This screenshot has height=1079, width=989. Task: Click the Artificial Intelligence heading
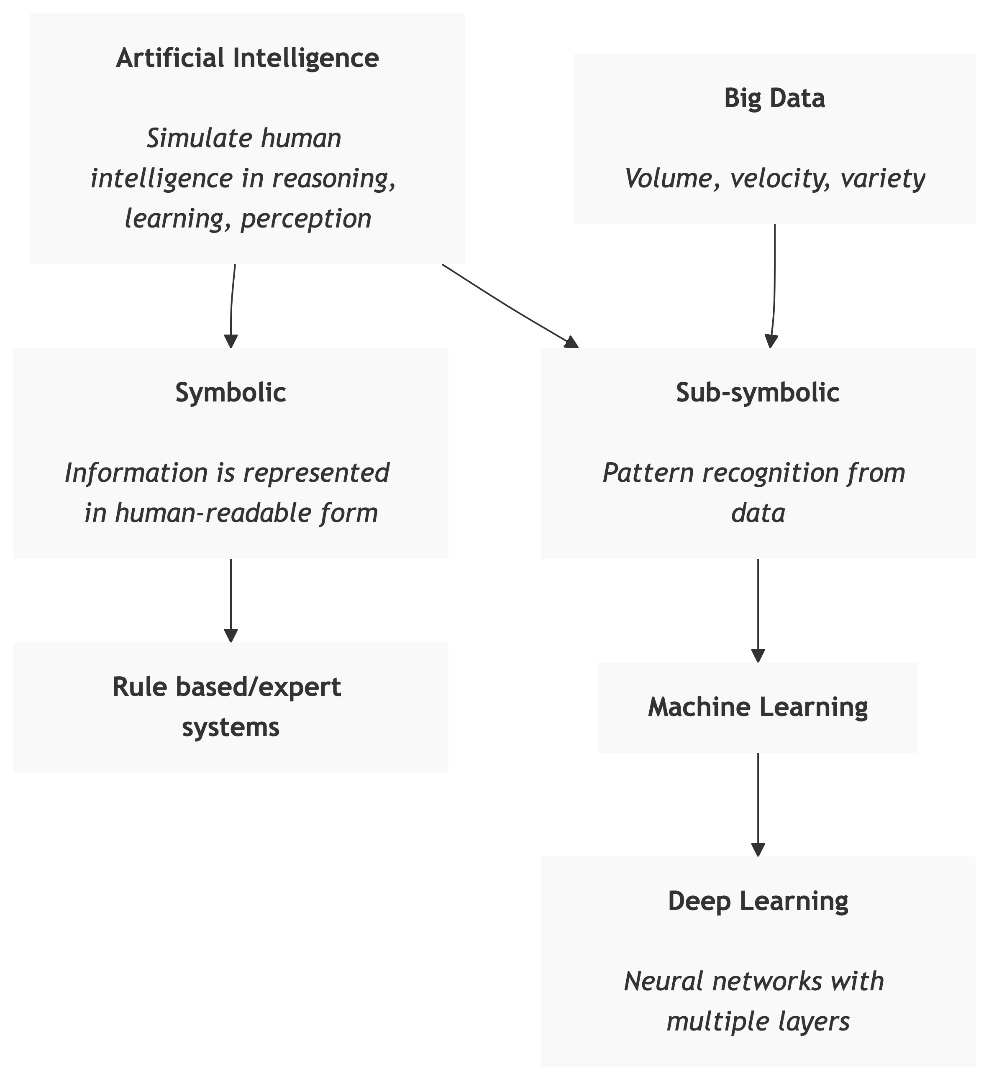coord(247,58)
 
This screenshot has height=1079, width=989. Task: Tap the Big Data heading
coord(774,98)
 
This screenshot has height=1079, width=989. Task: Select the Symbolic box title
coord(231,392)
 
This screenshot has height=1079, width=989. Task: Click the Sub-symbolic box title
coord(758,392)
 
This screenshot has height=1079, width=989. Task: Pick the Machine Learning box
coord(758,707)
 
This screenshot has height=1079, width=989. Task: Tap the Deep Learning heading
coord(758,901)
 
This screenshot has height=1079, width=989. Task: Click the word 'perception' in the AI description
coord(306,219)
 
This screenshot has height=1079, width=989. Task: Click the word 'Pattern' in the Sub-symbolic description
coord(648,473)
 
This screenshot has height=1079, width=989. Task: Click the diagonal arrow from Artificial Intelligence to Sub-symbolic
coord(509,306)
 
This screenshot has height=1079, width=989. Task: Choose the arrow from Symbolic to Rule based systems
coord(231,599)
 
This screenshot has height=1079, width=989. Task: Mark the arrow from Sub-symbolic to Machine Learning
coord(758,610)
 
